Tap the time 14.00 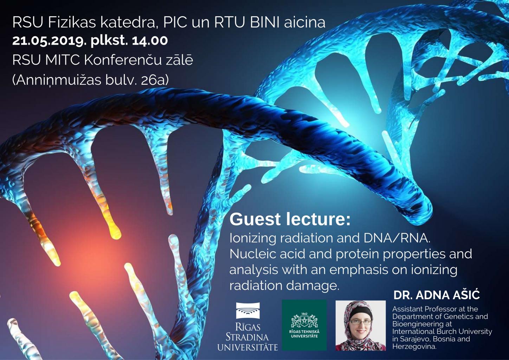point(150,41)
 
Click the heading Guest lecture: point(290,219)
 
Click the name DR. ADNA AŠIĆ point(437,295)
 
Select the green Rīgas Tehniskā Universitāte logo point(304,325)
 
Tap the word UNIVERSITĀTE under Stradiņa point(248,347)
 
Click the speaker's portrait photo point(361,326)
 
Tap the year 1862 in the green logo point(304,314)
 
